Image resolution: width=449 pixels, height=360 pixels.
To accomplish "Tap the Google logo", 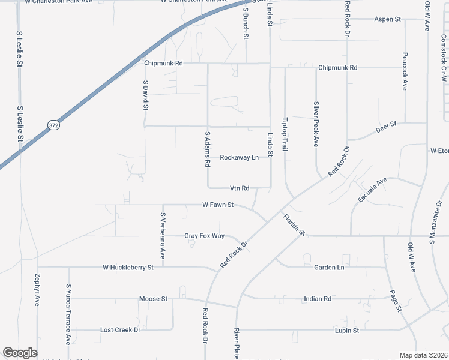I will click(x=20, y=353).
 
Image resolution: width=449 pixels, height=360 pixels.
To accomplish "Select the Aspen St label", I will click(x=387, y=19).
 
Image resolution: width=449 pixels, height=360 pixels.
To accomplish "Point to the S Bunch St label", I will click(x=246, y=25).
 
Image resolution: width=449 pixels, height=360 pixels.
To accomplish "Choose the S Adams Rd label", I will click(x=208, y=149).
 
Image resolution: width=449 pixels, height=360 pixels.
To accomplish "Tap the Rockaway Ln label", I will click(x=239, y=157).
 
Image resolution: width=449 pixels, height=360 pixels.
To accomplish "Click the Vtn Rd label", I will click(x=240, y=188).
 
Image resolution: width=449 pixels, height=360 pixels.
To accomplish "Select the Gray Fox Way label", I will click(x=204, y=236).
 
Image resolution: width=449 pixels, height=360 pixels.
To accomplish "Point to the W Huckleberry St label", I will click(x=128, y=267).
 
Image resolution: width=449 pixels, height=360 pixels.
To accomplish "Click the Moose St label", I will click(x=152, y=298).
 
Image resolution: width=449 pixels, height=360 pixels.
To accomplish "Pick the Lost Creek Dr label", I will click(x=120, y=330).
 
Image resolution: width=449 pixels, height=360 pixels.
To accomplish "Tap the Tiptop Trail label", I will click(x=285, y=133).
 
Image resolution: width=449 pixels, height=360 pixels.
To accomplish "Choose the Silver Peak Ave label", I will click(x=315, y=124).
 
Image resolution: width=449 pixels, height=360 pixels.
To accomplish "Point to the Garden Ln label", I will click(x=329, y=267).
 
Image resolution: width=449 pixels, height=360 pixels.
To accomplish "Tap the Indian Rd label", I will click(x=318, y=298).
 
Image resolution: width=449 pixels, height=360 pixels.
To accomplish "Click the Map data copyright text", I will click(x=423, y=355).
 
